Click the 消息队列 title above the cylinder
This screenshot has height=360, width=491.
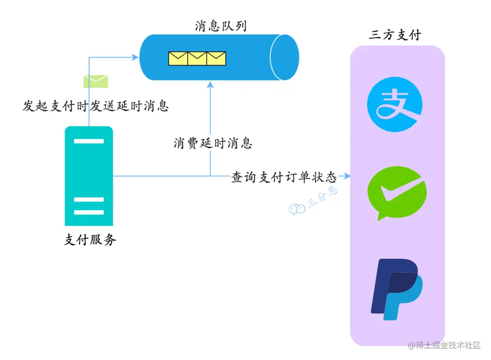click(220, 26)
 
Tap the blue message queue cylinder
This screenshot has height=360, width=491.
click(218, 58)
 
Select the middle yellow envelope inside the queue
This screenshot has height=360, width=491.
click(197, 58)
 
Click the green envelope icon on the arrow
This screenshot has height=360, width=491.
click(95, 81)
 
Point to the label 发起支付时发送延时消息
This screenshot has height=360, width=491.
click(96, 106)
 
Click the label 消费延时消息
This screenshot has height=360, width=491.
click(213, 143)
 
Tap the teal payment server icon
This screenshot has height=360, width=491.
click(89, 176)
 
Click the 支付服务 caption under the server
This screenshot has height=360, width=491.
click(90, 240)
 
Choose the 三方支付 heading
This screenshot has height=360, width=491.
click(395, 35)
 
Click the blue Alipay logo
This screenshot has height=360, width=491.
click(395, 104)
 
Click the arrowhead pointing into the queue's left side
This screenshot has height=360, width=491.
click(135, 57)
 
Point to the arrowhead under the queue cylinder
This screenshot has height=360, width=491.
click(210, 84)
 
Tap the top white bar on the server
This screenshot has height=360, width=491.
click(89, 141)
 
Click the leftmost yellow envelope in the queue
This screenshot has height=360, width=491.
click(178, 58)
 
